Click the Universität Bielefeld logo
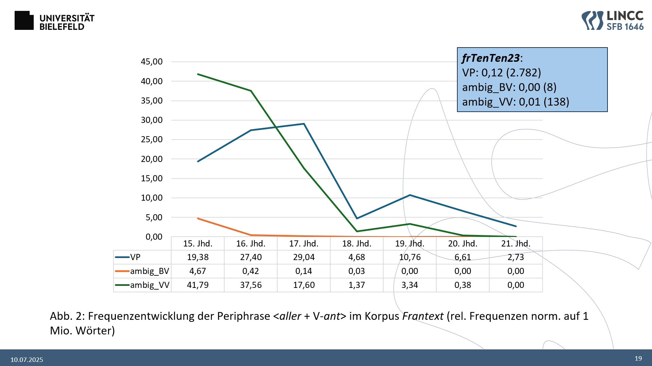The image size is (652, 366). coord(54,21)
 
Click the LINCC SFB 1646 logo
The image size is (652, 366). coord(612,20)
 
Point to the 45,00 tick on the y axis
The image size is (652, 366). coord(152,62)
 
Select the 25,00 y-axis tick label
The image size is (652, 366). coord(152,140)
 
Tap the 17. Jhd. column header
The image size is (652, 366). coord(304,244)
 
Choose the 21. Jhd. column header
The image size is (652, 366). coord(516,244)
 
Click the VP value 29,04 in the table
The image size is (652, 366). coord(304,257)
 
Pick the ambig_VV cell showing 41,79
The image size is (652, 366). coord(198,285)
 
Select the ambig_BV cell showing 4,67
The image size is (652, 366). coord(198,271)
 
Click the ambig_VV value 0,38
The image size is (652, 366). coord(463,285)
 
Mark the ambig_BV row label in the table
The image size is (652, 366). coord(149,271)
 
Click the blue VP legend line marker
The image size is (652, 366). coord(122,257)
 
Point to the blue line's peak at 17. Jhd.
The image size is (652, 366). coord(304,124)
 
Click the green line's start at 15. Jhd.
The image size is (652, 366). coord(198,74)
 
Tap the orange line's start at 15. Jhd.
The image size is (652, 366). coord(198,219)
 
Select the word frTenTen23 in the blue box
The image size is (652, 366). coord(491,58)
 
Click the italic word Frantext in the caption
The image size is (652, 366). coord(423,316)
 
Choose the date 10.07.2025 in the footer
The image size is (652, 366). coord(27,360)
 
